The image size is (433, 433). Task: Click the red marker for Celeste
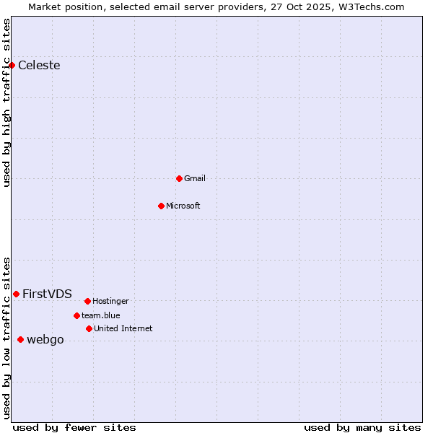click(12, 65)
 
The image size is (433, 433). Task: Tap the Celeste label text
click(39, 66)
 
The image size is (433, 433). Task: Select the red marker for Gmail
click(179, 178)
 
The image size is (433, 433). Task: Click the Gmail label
click(195, 178)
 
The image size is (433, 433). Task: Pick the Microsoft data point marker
click(161, 206)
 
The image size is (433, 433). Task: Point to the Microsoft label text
click(183, 206)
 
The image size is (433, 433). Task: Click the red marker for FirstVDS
click(16, 294)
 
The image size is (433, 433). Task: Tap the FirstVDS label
click(47, 294)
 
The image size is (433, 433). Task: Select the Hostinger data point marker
click(87, 301)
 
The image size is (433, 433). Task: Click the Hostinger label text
click(110, 301)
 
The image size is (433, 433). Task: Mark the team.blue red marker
click(76, 315)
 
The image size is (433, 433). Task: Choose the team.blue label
click(101, 315)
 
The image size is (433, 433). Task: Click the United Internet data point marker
click(89, 328)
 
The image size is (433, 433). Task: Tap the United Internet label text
click(123, 328)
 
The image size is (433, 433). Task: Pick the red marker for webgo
click(20, 339)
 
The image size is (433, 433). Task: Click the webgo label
click(45, 340)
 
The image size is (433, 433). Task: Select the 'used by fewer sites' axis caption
click(74, 427)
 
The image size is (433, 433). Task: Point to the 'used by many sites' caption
click(362, 427)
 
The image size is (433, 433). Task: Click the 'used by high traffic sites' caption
click(6, 102)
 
